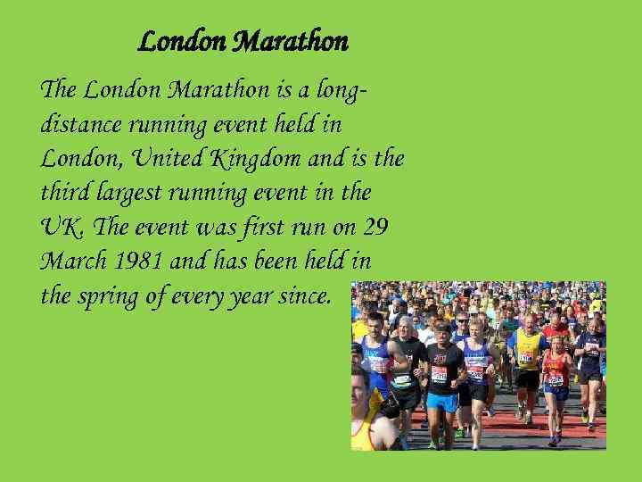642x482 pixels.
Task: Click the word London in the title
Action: pyautogui.click(x=184, y=42)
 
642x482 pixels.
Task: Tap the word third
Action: pyautogui.click(x=62, y=193)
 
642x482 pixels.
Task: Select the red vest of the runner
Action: pyautogui.click(x=556, y=370)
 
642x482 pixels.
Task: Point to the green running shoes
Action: pyautogui.click(x=459, y=433)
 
